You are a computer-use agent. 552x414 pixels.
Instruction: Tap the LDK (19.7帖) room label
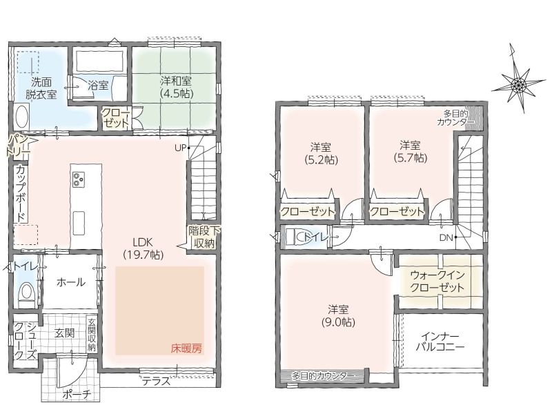(144, 248)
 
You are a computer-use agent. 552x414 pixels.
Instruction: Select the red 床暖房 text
(186, 348)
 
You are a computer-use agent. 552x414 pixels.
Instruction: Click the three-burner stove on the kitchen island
(78, 179)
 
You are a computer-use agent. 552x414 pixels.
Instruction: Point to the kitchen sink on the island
(79, 224)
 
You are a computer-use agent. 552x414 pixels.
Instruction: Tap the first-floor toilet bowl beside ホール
(26, 292)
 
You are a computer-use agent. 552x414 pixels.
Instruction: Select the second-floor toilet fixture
(295, 237)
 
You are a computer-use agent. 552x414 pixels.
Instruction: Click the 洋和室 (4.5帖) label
(176, 87)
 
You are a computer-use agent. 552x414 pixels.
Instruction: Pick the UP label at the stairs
(180, 148)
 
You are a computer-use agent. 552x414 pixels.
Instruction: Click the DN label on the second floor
(446, 237)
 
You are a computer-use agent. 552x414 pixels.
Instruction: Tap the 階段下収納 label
(204, 237)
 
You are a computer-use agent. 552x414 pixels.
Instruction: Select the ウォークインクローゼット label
(437, 281)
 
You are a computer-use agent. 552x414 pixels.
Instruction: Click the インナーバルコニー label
(440, 341)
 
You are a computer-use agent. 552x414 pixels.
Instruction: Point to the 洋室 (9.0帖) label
(338, 316)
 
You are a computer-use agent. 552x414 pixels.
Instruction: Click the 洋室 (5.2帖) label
(321, 153)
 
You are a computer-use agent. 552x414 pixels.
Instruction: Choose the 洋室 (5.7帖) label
(410, 151)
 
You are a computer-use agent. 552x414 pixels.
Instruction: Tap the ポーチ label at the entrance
(77, 395)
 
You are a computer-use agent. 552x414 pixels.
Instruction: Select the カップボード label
(21, 193)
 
